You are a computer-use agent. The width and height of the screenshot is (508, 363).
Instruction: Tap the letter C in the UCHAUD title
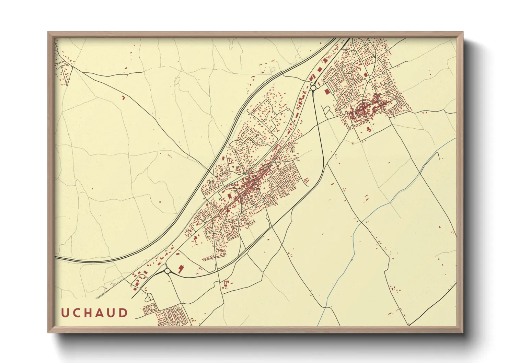pyautogui.click(x=77, y=313)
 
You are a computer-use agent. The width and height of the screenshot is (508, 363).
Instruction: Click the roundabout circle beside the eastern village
pyautogui.click(x=313, y=88)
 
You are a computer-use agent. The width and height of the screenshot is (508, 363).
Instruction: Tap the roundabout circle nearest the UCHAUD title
pyautogui.click(x=167, y=271)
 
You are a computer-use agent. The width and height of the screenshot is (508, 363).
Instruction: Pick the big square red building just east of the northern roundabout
pyautogui.click(x=326, y=91)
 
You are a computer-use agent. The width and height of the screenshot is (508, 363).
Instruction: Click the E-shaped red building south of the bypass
pyautogui.click(x=226, y=284)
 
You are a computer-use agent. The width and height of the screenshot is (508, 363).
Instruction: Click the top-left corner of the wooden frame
pyautogui.click(x=48, y=32)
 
